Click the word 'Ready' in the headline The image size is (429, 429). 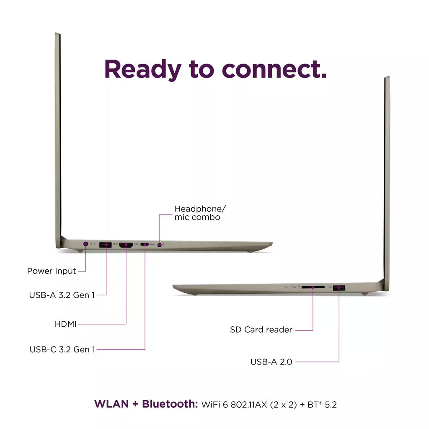coord(142,70)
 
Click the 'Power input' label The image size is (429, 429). coord(52,271)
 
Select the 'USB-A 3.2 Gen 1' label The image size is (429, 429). coord(62,295)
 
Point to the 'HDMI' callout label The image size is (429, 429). coord(66,324)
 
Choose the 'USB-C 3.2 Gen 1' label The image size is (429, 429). coord(62,349)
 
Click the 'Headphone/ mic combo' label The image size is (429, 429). coord(200,213)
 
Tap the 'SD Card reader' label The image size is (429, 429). coord(261,330)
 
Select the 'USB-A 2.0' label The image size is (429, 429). coord(271,362)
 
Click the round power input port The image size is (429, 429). coord(85,244)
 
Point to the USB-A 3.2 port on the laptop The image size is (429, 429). coord(105,245)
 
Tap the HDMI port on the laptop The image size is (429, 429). coord(126,245)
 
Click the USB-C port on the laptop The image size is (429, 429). coord(145,245)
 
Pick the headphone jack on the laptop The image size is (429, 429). coord(160,245)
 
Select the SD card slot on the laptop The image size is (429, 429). coord(313,287)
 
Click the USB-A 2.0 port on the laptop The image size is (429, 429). coord(339,288)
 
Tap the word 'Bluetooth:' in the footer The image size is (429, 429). coord(170,404)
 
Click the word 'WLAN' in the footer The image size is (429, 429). coord(111,404)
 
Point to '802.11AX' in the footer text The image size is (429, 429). coord(249,404)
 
